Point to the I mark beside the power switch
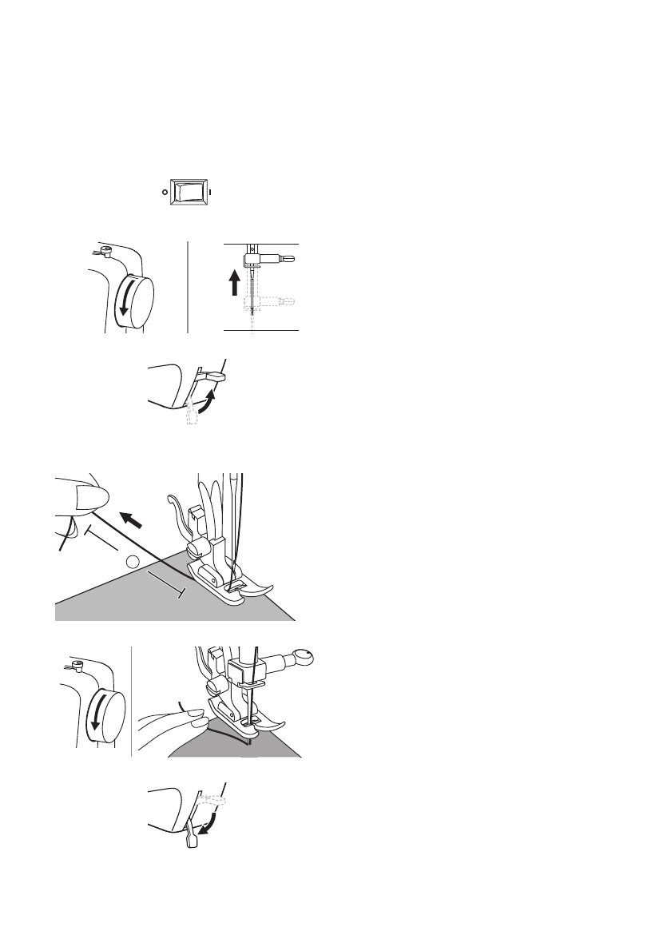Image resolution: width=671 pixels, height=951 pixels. point(210,193)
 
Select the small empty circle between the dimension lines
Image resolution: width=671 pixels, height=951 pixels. point(133,563)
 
